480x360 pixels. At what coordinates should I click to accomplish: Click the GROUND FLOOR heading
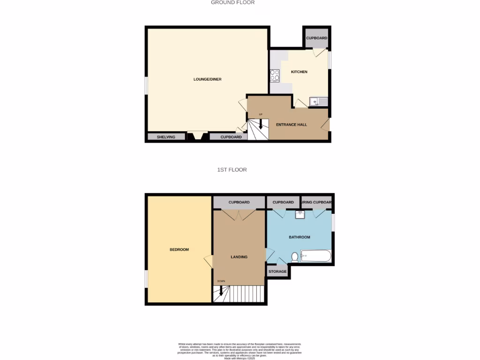tap(232, 2)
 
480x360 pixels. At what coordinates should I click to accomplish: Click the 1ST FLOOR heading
tap(232, 170)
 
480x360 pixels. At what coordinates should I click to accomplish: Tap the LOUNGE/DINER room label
tap(207, 79)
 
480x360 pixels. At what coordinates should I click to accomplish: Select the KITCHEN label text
tap(299, 72)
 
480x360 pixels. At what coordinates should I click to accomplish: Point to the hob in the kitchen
tap(275, 75)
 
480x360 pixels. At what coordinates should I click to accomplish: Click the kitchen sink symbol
tap(319, 101)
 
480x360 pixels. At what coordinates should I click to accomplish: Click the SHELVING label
tap(166, 137)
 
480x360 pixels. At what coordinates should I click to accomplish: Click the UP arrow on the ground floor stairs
tap(261, 124)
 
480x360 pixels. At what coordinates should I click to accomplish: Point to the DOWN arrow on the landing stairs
tap(221, 291)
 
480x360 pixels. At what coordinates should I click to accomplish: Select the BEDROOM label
tap(179, 249)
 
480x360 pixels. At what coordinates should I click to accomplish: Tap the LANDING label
tap(239, 257)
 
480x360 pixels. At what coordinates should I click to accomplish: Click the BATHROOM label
tap(299, 237)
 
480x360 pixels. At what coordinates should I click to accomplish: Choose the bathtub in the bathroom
tap(316, 256)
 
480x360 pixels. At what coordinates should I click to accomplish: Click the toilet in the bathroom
tap(294, 257)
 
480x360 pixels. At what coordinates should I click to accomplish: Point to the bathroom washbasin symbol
tap(300, 215)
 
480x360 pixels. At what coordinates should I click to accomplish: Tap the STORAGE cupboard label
tap(277, 271)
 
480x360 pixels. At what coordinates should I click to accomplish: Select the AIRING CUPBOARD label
tap(317, 202)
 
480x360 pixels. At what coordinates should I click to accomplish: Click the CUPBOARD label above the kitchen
tap(317, 38)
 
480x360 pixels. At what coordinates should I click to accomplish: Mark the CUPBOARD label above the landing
tap(239, 202)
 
